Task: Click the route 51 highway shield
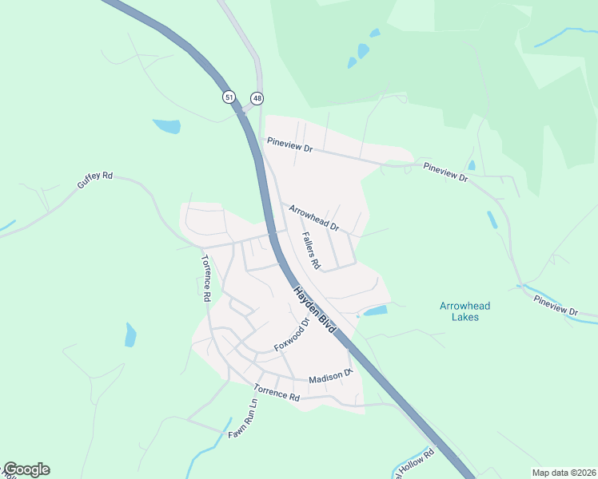click(229, 97)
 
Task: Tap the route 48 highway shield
click(257, 97)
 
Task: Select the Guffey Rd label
click(95, 180)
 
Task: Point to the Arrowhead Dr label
click(314, 216)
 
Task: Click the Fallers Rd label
click(311, 250)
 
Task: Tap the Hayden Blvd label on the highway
click(314, 311)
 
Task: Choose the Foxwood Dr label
click(292, 335)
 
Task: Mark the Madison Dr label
click(331, 376)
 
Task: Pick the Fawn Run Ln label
click(243, 418)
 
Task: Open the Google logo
click(26, 469)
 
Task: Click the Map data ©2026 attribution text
click(562, 472)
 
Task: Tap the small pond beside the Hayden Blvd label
click(375, 311)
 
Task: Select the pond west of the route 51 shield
click(167, 126)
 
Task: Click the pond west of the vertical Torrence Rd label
click(130, 335)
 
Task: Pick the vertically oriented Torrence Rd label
click(205, 277)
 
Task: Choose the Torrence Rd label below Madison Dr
click(277, 393)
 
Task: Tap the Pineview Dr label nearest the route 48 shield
click(289, 146)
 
